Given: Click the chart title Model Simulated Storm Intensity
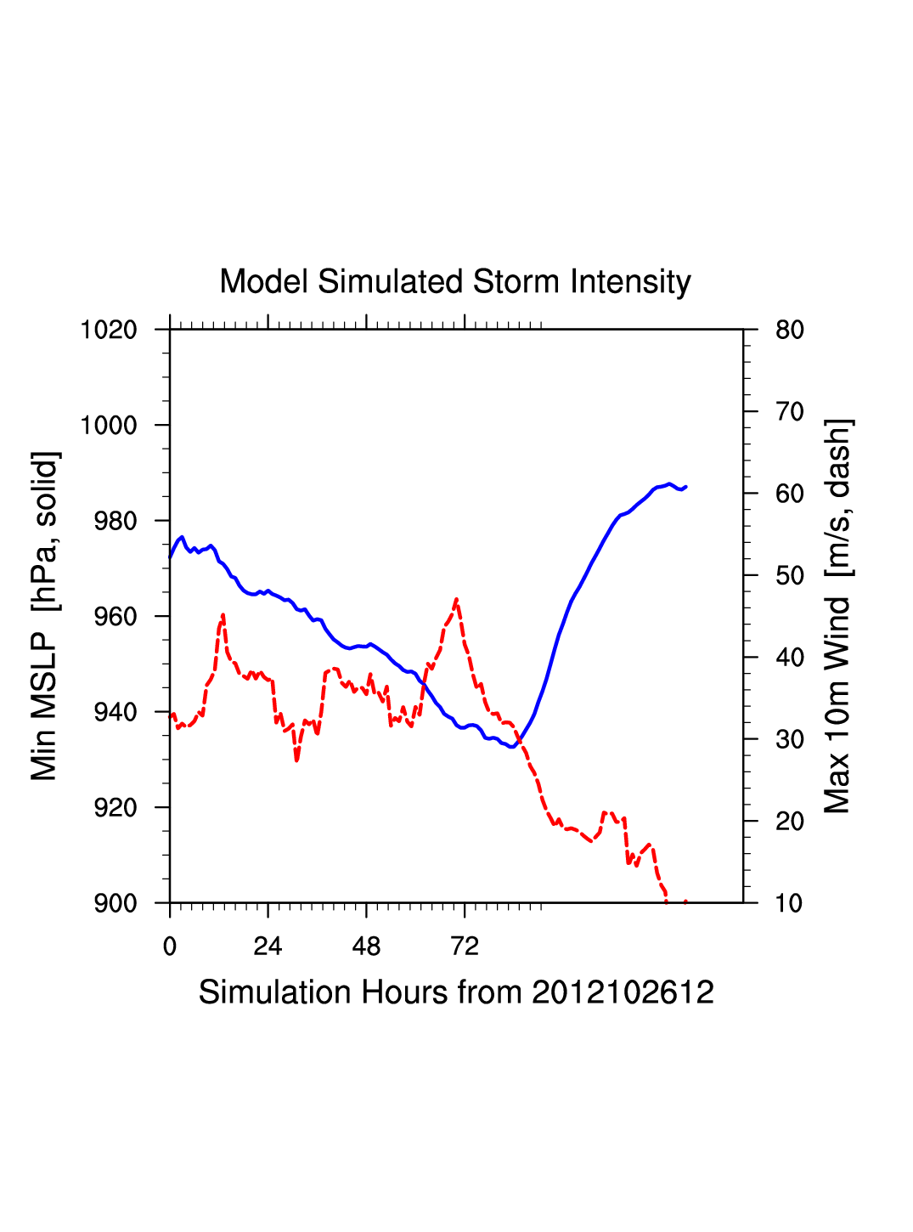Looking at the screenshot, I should [x=455, y=282].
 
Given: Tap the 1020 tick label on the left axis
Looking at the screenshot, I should [x=109, y=330].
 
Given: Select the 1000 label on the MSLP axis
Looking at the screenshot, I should [x=109, y=426].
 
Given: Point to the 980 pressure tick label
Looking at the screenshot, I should [x=116, y=521].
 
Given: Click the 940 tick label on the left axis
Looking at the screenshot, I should [x=116, y=712].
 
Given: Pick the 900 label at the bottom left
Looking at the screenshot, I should [x=116, y=903].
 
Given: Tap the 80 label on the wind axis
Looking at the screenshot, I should [x=790, y=330].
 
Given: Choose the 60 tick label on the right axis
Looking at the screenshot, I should [x=790, y=494].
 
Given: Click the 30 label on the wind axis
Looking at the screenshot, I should [x=790, y=739].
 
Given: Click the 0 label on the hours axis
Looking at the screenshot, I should [x=170, y=947].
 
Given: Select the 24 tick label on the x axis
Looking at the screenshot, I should [x=268, y=947].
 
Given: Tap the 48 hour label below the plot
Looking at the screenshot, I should [x=366, y=947].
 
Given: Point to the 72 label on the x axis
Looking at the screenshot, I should [x=465, y=947].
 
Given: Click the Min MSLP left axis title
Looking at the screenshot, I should [x=44, y=616].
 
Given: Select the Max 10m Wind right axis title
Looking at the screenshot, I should [x=837, y=616].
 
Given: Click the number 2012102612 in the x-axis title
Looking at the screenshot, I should [x=623, y=992].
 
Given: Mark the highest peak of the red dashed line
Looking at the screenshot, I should [x=457, y=599].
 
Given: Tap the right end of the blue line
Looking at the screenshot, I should [x=685, y=487].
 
